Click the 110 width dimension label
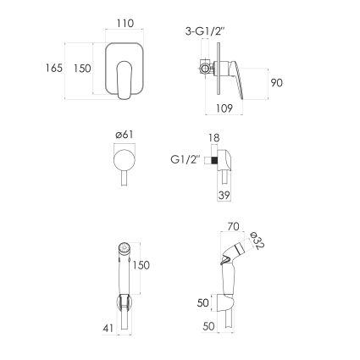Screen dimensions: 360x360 point(125,23)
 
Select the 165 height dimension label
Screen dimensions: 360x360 point(54,68)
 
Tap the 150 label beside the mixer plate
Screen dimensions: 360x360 point(82,68)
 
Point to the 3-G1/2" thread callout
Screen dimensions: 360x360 point(205,31)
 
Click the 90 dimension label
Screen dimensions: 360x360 point(276,83)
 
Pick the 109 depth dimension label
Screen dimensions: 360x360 point(224,108)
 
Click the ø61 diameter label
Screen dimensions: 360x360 point(125,135)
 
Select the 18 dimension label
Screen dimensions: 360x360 point(214,138)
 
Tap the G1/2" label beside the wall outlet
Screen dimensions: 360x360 point(186,160)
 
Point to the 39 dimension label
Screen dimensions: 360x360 point(224,195)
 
